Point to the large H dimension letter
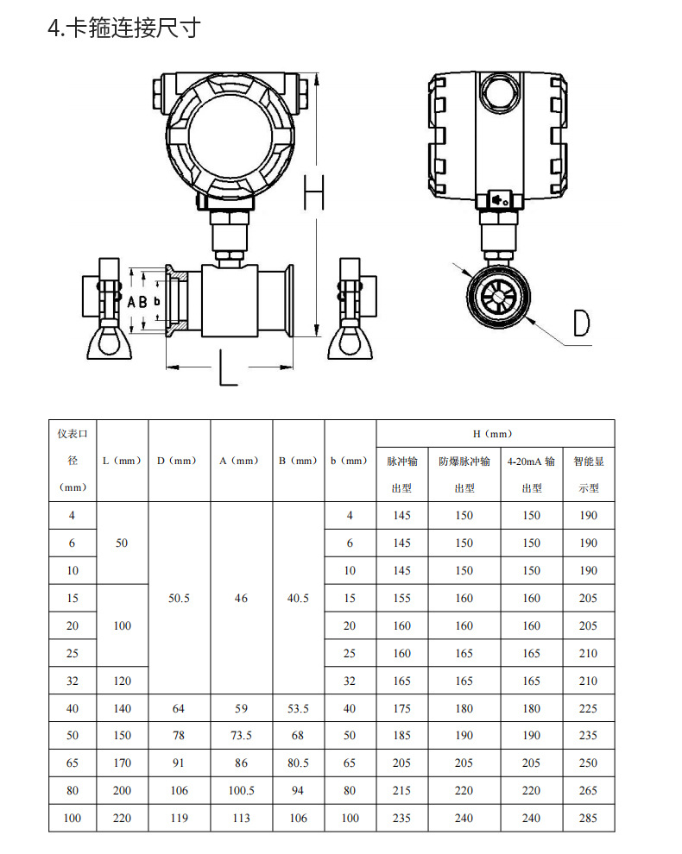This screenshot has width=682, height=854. click(x=315, y=192)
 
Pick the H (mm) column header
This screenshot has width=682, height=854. click(x=494, y=434)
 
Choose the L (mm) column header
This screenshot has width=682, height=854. click(x=122, y=461)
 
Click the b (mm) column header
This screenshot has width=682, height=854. click(x=350, y=461)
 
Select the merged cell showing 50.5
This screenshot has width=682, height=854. click(x=179, y=598)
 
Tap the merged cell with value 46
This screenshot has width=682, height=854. click(x=241, y=598)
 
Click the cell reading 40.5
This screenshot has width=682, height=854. click(x=297, y=598)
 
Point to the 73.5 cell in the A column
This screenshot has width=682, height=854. click(x=241, y=736)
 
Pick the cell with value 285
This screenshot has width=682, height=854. click(x=588, y=818)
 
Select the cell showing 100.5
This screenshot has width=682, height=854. click(x=241, y=791)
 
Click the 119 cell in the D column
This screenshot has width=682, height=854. click(x=179, y=818)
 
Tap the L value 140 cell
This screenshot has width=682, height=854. click(x=122, y=708)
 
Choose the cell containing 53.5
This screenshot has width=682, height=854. click(x=297, y=708)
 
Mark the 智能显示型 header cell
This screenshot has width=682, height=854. click(x=588, y=474)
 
